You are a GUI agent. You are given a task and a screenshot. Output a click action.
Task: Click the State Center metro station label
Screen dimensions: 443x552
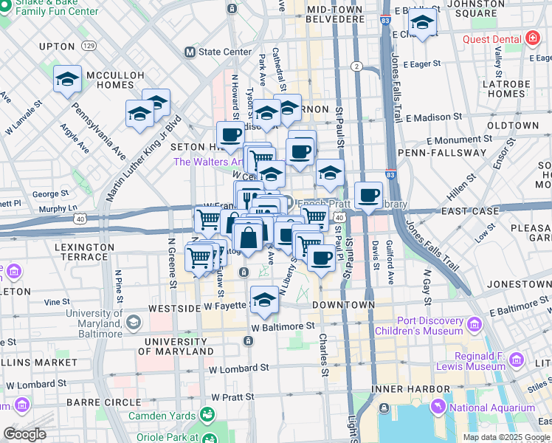click(x=219, y=52)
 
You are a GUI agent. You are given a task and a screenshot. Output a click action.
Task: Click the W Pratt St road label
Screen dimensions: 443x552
click(x=232, y=397)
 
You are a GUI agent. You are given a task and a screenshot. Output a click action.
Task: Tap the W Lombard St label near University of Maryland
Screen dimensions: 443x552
click(x=235, y=368)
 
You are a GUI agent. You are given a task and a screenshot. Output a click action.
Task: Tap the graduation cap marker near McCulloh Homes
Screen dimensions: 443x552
click(x=67, y=80)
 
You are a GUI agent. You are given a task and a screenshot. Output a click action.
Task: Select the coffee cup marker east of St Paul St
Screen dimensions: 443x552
click(x=368, y=196)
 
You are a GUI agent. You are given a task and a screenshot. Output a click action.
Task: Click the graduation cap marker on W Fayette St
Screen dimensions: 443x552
click(x=264, y=300)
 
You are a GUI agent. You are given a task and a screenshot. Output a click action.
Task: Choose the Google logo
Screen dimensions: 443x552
click(x=24, y=435)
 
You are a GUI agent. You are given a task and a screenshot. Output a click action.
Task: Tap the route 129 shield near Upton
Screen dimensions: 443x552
click(x=89, y=46)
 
